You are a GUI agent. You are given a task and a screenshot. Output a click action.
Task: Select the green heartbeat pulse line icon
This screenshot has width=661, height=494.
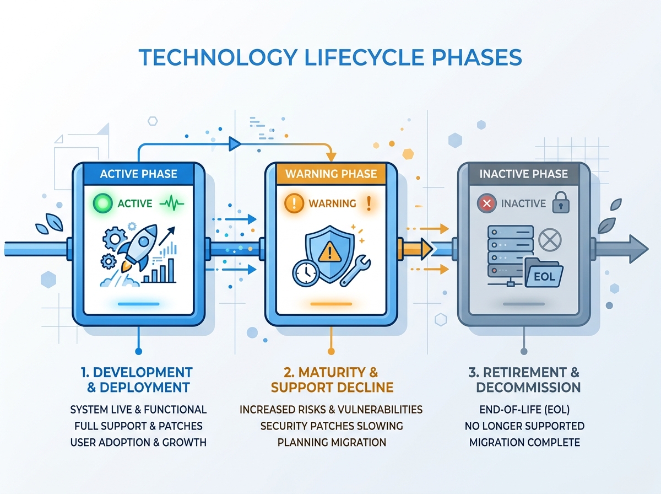tap(171, 203)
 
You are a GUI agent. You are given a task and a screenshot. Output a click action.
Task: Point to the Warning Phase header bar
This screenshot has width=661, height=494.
tap(331, 174)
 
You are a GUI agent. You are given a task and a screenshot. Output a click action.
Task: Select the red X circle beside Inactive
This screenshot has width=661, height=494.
tap(486, 203)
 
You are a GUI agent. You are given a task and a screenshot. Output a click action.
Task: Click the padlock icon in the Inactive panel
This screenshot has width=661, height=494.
tap(561, 202)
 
